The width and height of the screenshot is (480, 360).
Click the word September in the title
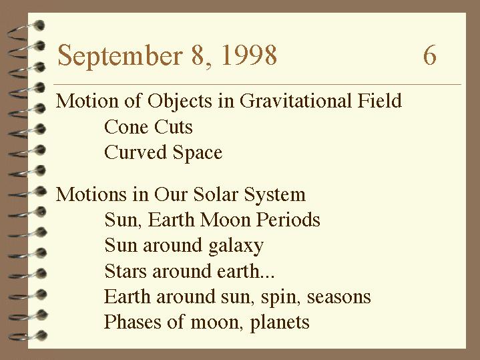[120, 56]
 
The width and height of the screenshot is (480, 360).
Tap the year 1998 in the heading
[249, 55]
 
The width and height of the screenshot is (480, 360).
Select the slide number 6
[429, 55]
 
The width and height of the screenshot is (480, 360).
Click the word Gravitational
[295, 100]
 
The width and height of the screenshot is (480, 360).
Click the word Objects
[180, 102]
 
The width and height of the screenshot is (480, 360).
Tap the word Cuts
[174, 126]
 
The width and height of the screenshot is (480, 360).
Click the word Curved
[136, 152]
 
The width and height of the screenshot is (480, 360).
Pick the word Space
[198, 153]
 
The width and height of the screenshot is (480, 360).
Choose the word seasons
[339, 297]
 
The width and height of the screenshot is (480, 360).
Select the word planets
[280, 323]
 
